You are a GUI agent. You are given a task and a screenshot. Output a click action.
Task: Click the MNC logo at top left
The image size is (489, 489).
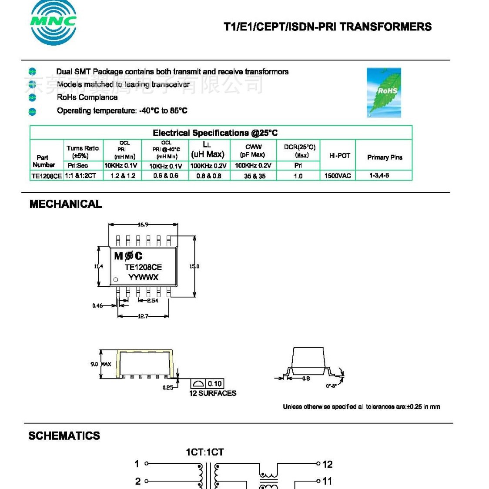pyautogui.click(x=53, y=22)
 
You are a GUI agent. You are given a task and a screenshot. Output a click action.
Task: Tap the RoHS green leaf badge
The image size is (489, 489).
pyautogui.click(x=384, y=92)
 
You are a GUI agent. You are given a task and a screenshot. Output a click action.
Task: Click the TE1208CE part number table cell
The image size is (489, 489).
pyautogui.click(x=47, y=176)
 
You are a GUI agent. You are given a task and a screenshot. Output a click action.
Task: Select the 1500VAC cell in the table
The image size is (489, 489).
pyautogui.click(x=338, y=176)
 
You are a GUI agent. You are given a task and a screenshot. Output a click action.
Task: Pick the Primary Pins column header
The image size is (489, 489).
pyautogui.click(x=385, y=157)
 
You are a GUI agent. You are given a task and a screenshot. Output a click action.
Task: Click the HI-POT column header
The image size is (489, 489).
pyautogui.click(x=339, y=155)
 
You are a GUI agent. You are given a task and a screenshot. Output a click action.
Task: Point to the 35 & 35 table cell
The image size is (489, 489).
pyautogui.click(x=255, y=176)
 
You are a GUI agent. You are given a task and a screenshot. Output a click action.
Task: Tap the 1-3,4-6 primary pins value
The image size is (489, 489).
pyautogui.click(x=379, y=175)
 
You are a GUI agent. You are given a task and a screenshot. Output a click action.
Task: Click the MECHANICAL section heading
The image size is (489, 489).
pyautogui.click(x=66, y=204)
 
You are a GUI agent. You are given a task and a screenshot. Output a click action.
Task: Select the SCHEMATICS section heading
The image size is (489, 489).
pyautogui.click(x=64, y=435)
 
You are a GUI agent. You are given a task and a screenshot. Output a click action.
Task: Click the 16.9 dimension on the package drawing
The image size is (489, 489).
pyautogui.click(x=143, y=224)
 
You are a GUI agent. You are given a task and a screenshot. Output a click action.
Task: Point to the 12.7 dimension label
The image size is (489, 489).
pyautogui.click(x=143, y=316)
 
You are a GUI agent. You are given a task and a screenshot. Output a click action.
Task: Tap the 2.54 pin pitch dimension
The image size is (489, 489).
pyautogui.click(x=152, y=301)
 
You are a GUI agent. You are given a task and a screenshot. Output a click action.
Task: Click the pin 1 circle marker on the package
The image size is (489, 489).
pyautogui.click(x=116, y=280)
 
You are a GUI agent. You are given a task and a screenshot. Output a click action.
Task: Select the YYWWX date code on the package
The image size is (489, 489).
pyautogui.click(x=143, y=277)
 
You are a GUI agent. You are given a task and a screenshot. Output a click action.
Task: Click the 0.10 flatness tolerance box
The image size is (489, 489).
pyautogui.click(x=214, y=384)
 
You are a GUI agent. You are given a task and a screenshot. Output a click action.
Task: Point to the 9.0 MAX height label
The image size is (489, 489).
pyautogui.click(x=100, y=364)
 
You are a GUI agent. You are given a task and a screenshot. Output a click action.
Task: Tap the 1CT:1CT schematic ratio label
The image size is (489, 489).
pyautogui.click(x=204, y=452)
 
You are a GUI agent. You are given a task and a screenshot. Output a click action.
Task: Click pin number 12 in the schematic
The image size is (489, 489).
pyautogui.click(x=327, y=464)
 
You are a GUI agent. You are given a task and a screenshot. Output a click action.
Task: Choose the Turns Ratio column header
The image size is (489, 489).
pyautogui.click(x=82, y=151)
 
